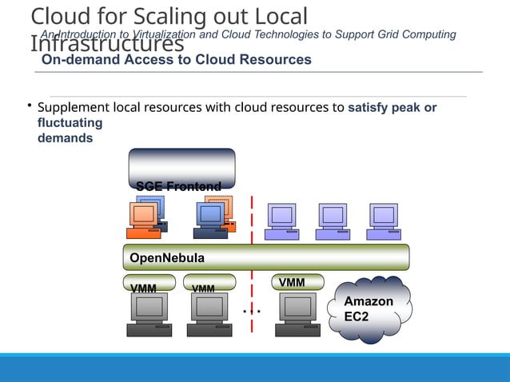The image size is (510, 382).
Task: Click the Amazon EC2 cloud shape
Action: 372,309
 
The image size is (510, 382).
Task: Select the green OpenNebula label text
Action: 167,258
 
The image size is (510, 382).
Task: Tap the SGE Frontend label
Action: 178,186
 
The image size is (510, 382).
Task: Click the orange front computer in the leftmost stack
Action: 143,219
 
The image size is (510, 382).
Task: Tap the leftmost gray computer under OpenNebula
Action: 149,312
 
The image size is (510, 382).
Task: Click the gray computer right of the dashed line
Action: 300,312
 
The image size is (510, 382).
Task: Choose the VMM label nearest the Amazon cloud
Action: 292,282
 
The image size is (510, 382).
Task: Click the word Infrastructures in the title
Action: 107,46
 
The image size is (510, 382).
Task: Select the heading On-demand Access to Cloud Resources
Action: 177,60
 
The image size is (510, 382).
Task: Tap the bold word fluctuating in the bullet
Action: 70,123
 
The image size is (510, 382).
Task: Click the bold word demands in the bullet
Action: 65,137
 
